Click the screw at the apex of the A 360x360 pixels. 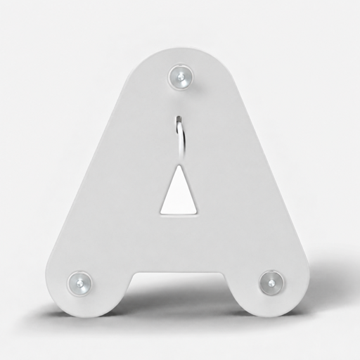181,76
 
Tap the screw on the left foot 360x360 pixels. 79,283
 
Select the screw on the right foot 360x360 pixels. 271,283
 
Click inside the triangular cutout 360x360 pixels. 179,197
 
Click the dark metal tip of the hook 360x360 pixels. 179,118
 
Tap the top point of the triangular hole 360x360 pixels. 179,165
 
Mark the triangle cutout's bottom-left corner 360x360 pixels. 161,213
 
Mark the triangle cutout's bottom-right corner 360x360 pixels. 197,213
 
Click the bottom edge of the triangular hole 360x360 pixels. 179,214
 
